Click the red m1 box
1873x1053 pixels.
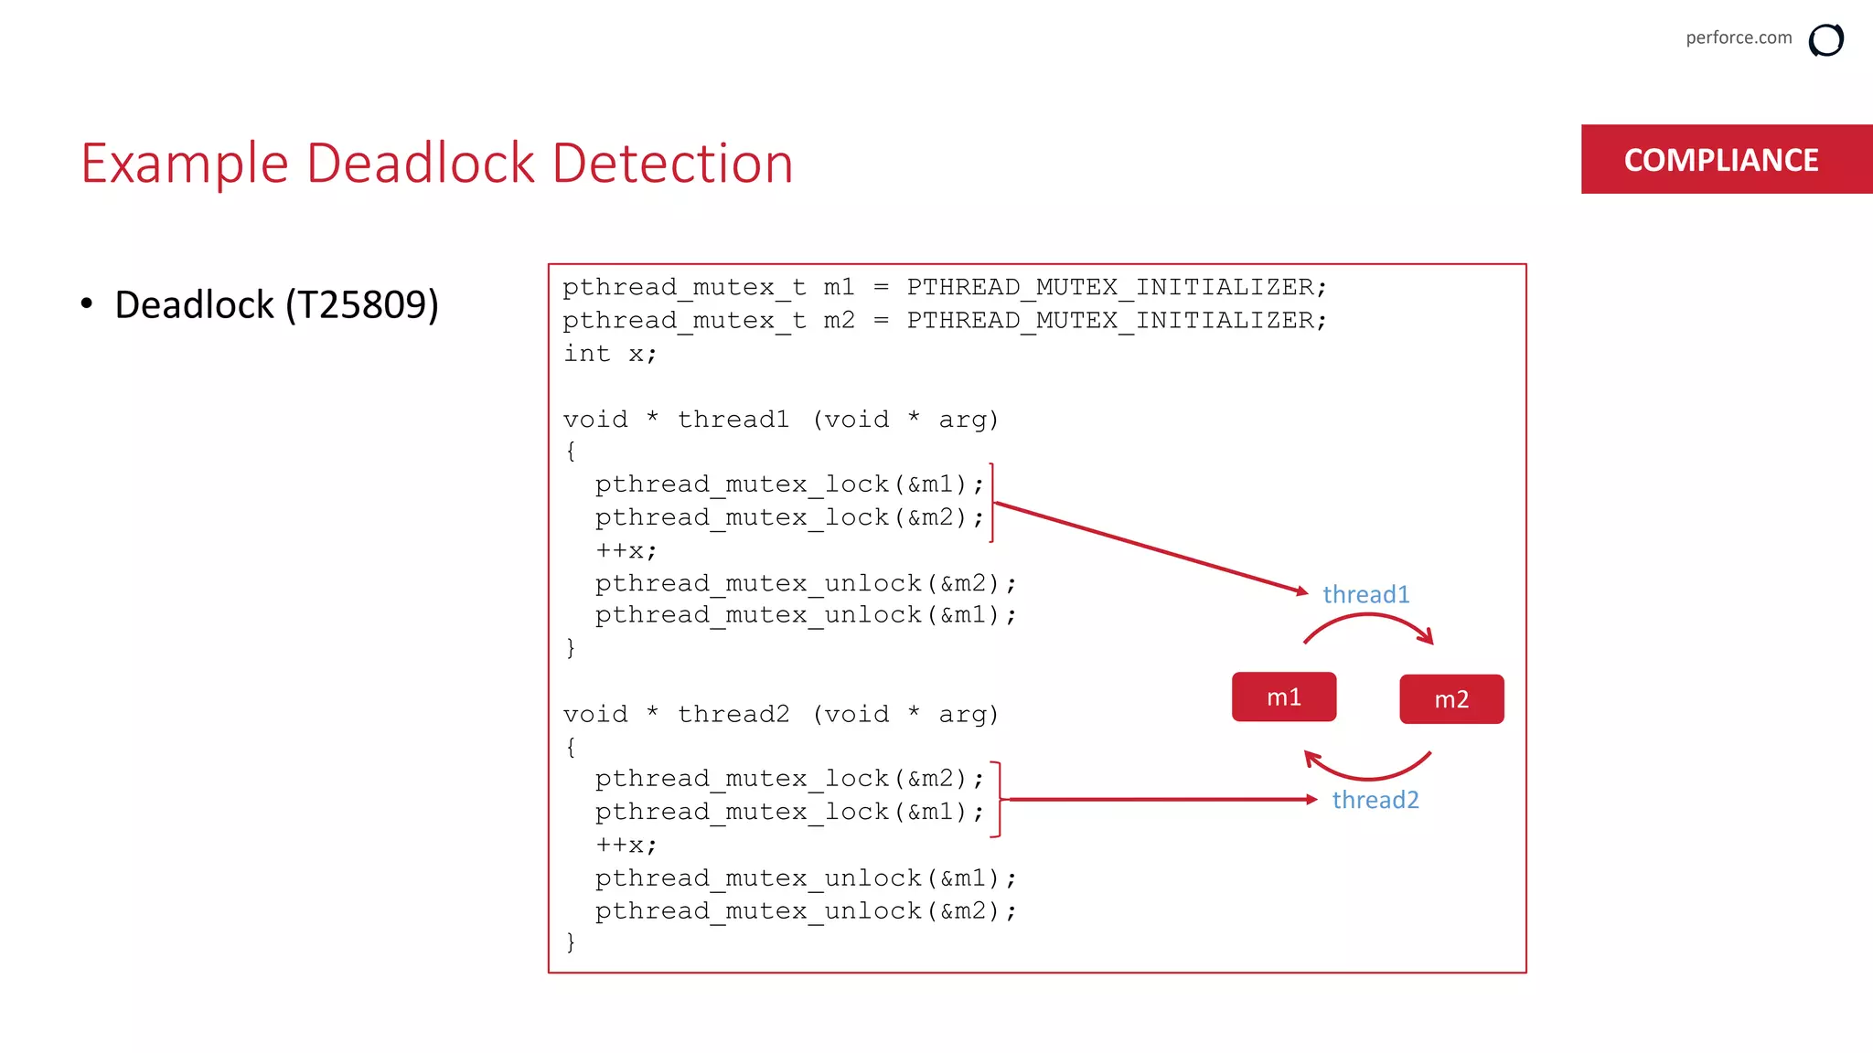coord(1283,697)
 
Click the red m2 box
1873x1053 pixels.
coord(1451,699)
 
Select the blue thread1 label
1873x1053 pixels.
coord(1365,594)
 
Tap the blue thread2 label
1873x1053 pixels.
coord(1375,800)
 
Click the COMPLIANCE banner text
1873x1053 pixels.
coord(1720,160)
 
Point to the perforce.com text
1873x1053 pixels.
coord(1738,37)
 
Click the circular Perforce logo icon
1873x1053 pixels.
coord(1825,40)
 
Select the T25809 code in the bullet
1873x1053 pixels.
coord(361,304)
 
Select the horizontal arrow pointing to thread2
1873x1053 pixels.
coord(1161,800)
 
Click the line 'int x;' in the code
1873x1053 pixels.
coord(610,354)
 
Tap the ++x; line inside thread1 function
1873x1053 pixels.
coord(626,551)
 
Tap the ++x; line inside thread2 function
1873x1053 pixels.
coord(626,846)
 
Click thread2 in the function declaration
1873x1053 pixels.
coord(733,714)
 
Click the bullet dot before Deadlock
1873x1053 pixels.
coord(87,303)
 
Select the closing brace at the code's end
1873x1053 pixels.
coord(571,942)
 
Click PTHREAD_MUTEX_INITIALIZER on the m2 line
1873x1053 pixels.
coord(1116,321)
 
